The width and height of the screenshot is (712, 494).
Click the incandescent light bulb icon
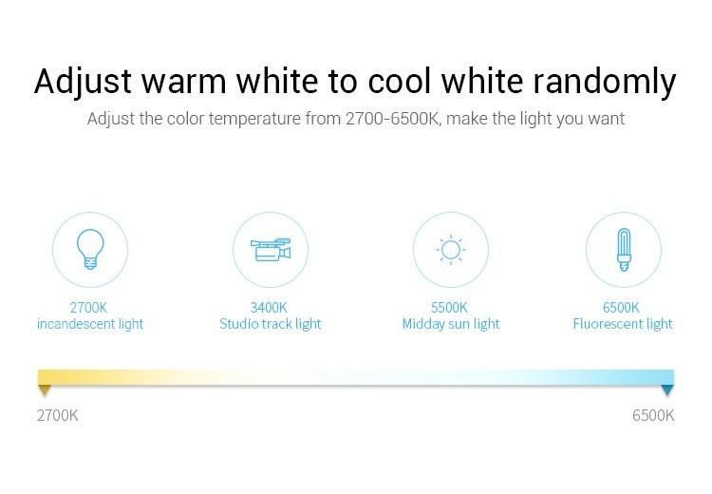90,249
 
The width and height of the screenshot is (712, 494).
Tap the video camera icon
271,250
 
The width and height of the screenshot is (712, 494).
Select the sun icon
450,250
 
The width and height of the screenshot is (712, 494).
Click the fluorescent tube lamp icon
624,250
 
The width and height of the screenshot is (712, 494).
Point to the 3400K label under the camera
269,308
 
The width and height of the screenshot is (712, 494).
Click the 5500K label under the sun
449,308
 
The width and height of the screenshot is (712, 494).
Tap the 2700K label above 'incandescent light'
88,308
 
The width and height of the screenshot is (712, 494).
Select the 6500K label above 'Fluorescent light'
621,308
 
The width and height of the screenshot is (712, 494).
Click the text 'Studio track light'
271,324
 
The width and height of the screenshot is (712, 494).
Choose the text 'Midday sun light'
451,324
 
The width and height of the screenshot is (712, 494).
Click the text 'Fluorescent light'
623,324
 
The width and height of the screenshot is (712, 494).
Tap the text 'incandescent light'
90,324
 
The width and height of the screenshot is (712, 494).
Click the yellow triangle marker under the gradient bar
44,389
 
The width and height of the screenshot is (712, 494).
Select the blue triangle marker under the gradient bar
667,389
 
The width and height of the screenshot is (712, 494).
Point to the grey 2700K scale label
57,415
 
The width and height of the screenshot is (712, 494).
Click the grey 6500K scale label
653,415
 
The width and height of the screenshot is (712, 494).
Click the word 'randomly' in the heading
605,82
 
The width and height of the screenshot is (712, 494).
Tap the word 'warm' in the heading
184,83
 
